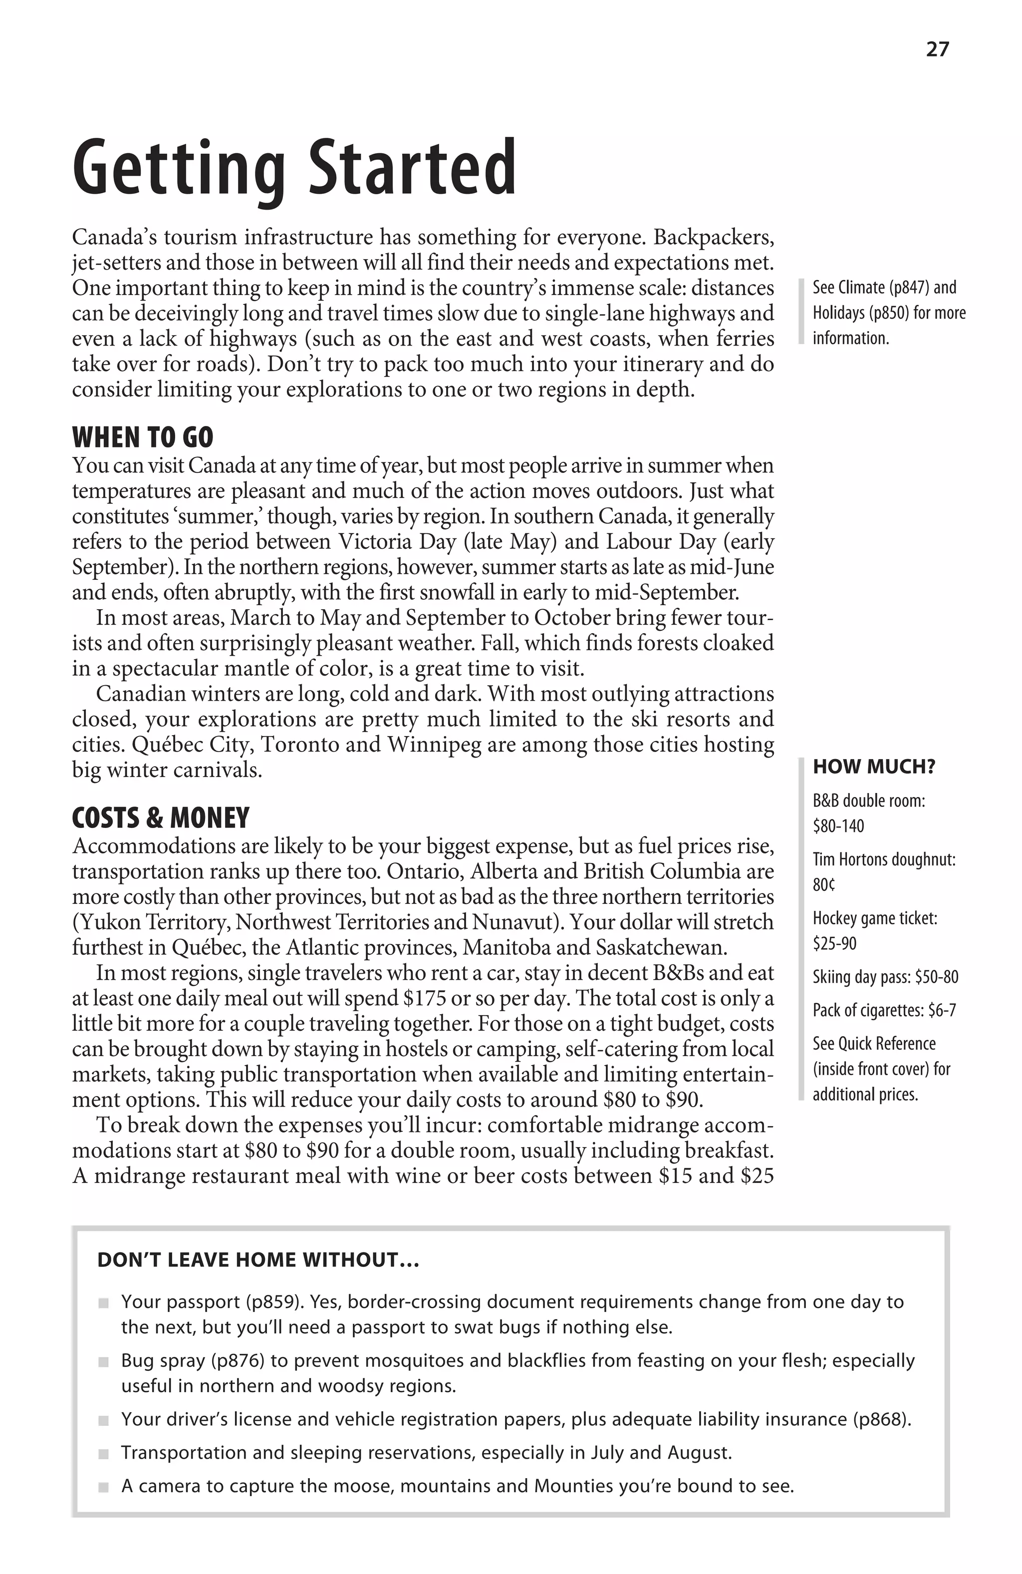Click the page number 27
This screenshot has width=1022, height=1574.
937,49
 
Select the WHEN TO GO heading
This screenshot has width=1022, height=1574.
143,438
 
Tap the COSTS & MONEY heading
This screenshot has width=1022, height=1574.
161,818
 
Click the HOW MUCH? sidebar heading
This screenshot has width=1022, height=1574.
874,767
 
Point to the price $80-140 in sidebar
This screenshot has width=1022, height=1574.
838,826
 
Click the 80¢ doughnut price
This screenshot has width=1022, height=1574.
824,885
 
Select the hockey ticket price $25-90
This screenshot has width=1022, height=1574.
834,944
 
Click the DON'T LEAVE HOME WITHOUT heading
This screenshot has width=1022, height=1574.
258,1260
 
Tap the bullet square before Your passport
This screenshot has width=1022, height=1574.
103,1303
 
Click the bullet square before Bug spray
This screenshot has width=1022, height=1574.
103,1362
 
